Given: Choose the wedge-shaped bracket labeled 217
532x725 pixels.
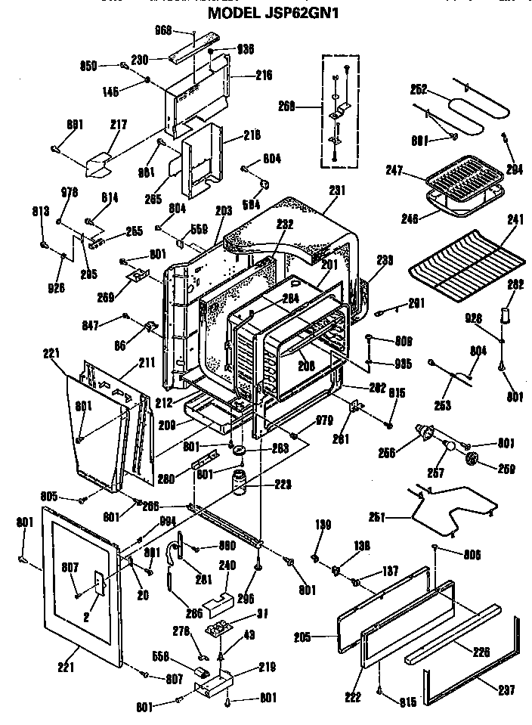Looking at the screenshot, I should click(98, 163).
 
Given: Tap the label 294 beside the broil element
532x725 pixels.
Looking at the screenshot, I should click(514, 169).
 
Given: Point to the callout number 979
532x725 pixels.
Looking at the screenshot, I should click(324, 420).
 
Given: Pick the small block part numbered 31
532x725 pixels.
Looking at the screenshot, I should click(219, 629).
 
